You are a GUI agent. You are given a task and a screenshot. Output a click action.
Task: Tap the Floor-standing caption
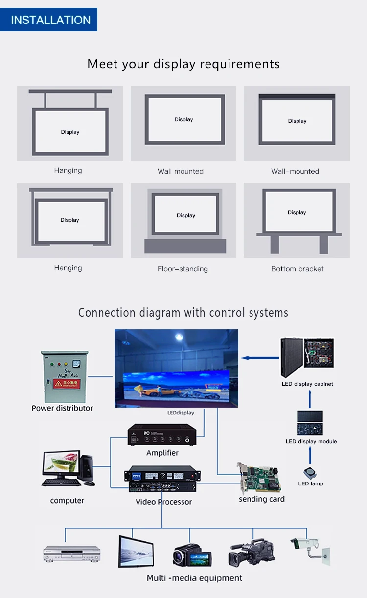(x=183, y=269)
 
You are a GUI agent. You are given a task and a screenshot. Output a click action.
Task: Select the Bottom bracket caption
(x=297, y=269)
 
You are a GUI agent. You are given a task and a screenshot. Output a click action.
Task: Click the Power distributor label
(x=62, y=408)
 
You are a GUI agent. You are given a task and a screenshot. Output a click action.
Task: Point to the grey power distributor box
(x=65, y=377)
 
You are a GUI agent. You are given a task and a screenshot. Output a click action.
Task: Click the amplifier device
(x=161, y=435)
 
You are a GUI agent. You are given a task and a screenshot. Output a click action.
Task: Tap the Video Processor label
(x=163, y=502)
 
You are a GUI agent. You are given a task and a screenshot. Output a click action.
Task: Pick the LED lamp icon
(x=310, y=473)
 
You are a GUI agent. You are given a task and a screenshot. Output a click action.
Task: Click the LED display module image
(x=310, y=422)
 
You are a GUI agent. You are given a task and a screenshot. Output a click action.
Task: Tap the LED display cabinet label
(x=307, y=384)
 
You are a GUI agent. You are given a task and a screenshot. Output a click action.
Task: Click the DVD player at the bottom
(x=71, y=553)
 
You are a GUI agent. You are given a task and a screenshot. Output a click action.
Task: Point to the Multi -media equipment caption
(x=194, y=578)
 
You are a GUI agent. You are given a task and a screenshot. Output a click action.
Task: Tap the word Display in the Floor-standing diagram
(x=186, y=215)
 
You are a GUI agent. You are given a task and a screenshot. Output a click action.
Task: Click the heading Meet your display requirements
(x=183, y=64)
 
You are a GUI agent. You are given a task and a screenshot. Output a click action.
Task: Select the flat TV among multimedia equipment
(x=136, y=552)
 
